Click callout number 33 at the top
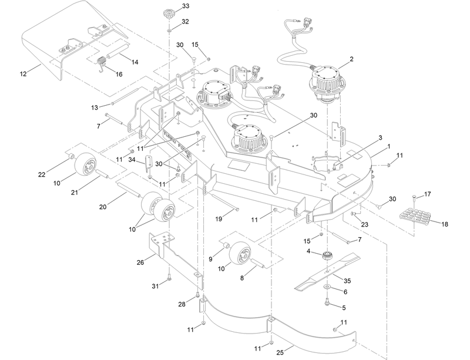pos(186,6)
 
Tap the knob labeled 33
pos(168,13)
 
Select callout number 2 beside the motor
pos(351,59)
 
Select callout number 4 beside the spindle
pos(307,251)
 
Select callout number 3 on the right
pos(380,137)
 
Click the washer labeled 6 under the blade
pos(325,288)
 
